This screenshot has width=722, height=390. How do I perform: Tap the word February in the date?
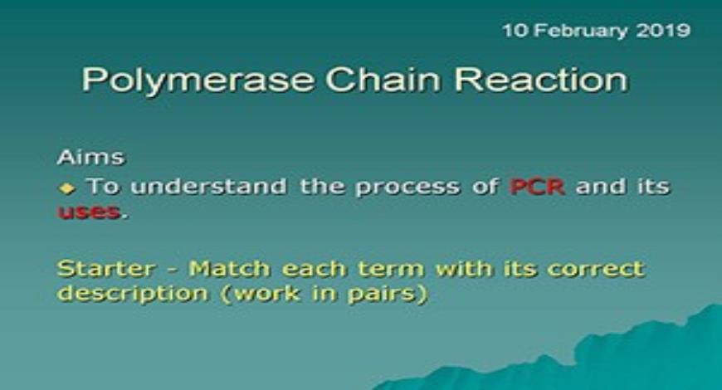tap(580, 32)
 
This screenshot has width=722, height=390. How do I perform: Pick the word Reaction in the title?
tap(541, 79)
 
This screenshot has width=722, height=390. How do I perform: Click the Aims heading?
tap(90, 157)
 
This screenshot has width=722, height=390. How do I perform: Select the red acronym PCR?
tap(537, 187)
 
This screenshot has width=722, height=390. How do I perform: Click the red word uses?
tap(89, 212)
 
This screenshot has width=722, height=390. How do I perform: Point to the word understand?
tap(208, 187)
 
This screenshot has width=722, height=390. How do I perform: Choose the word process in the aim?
tap(407, 188)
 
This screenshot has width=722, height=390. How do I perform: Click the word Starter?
tap(106, 269)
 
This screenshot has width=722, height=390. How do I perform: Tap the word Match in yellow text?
tap(229, 269)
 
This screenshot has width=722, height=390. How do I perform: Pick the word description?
tap(133, 294)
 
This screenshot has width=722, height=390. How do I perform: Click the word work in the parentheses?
tap(267, 293)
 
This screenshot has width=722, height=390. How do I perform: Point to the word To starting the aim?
tap(103, 186)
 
